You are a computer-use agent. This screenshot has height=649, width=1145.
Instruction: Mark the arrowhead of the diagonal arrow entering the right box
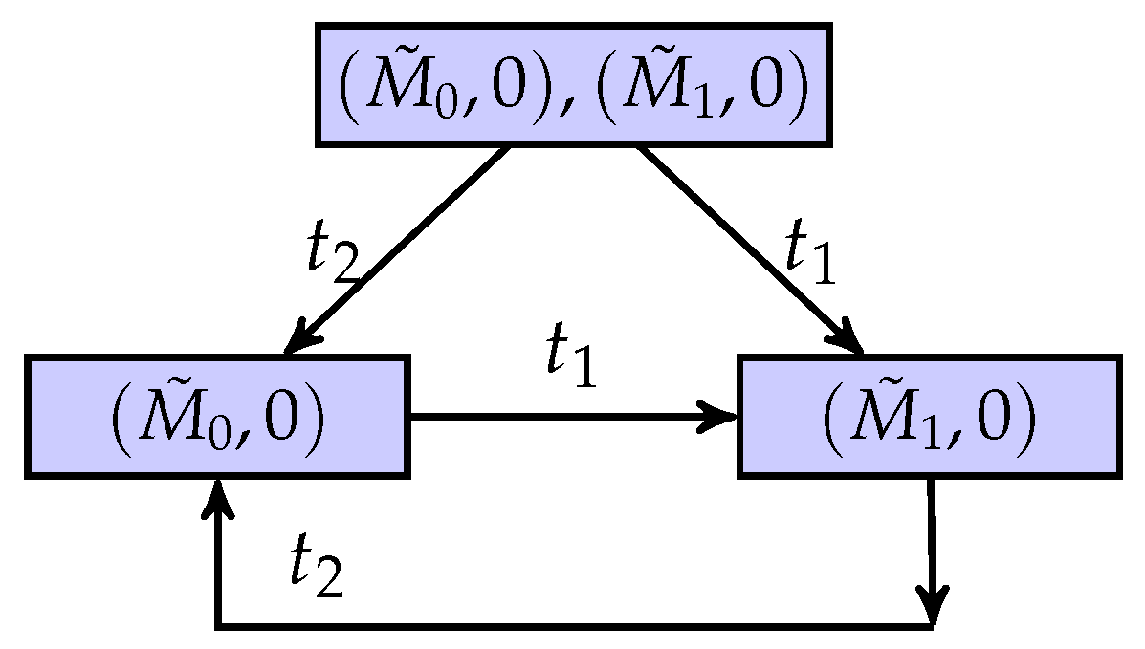pos(850,341)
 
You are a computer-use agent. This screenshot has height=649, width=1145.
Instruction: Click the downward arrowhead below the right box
pos(934,603)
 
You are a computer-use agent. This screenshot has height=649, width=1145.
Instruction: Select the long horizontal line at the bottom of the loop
pos(574,627)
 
